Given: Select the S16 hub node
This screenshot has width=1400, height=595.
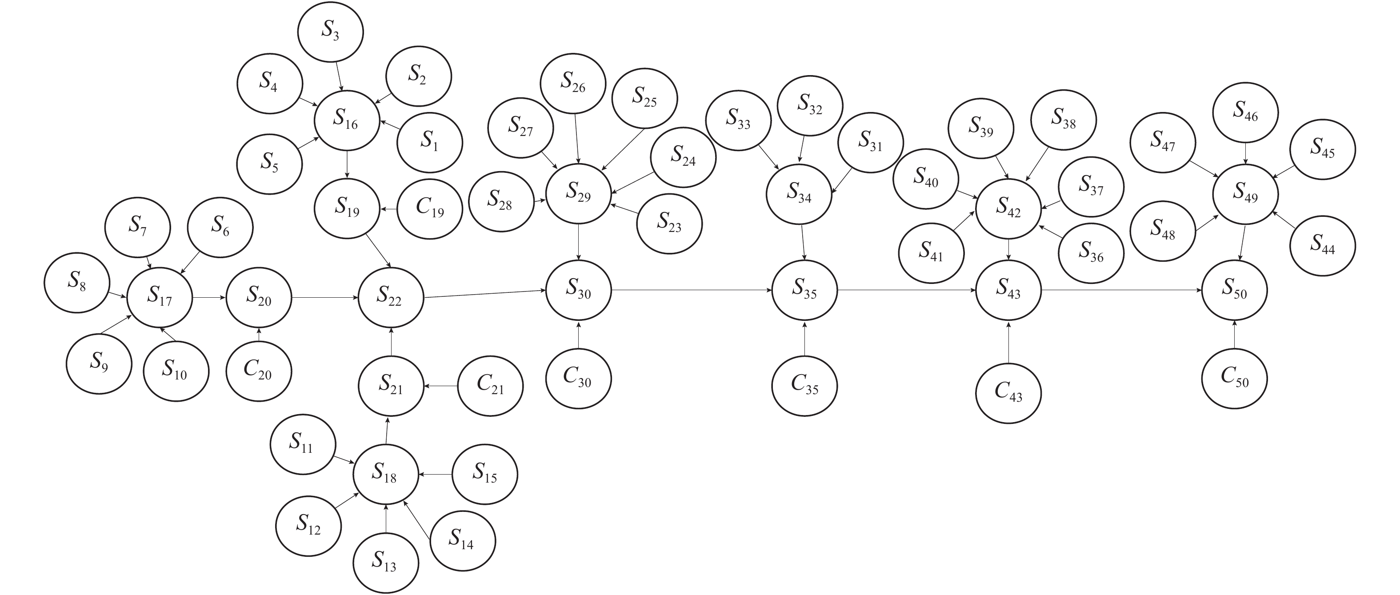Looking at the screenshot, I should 347,120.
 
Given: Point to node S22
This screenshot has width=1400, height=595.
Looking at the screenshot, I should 391,297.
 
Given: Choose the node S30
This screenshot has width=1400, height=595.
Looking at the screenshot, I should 578,290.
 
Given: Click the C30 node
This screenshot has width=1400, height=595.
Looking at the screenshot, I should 578,378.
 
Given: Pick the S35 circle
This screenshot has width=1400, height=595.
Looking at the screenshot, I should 804,290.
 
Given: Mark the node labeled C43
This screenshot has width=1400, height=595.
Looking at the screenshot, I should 1008,393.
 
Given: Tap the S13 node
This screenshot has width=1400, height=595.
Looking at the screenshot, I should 385,563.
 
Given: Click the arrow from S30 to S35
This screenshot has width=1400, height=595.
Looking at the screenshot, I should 691,290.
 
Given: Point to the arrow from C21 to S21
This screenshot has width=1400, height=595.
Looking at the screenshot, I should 441,386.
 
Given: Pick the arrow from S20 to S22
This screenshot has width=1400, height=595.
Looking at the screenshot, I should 324,297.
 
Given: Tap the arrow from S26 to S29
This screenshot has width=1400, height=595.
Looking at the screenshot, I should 576,138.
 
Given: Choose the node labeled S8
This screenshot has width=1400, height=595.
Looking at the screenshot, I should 77,283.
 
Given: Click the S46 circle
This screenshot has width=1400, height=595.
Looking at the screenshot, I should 1246,112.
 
